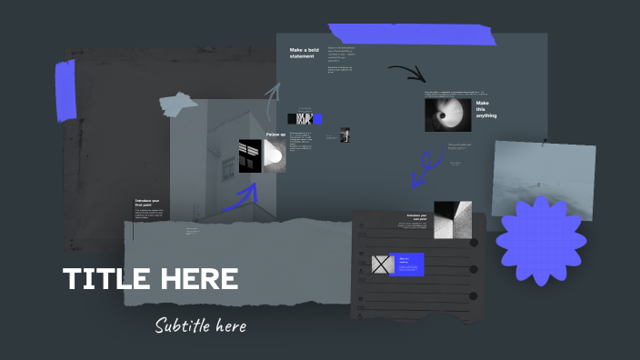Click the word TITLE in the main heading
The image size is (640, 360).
(107, 279)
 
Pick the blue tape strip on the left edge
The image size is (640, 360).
(65, 91)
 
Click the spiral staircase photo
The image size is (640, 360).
(446, 115)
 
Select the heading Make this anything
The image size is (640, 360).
(486, 109)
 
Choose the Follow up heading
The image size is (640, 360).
(276, 135)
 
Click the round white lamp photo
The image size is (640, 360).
(275, 155)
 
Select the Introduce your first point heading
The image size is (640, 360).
(148, 203)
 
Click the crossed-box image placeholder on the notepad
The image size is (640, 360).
(382, 265)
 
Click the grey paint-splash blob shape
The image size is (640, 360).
(176, 105)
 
